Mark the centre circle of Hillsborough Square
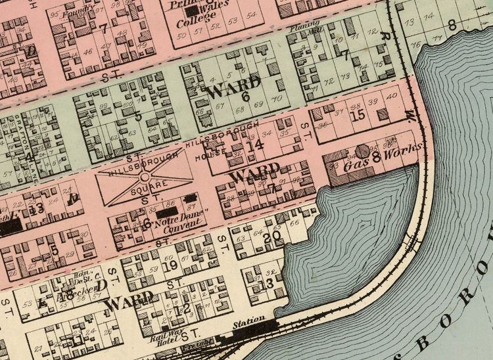click(x=144, y=177)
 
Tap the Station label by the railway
click(x=249, y=320)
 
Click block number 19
click(x=170, y=265)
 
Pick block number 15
click(x=358, y=115)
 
